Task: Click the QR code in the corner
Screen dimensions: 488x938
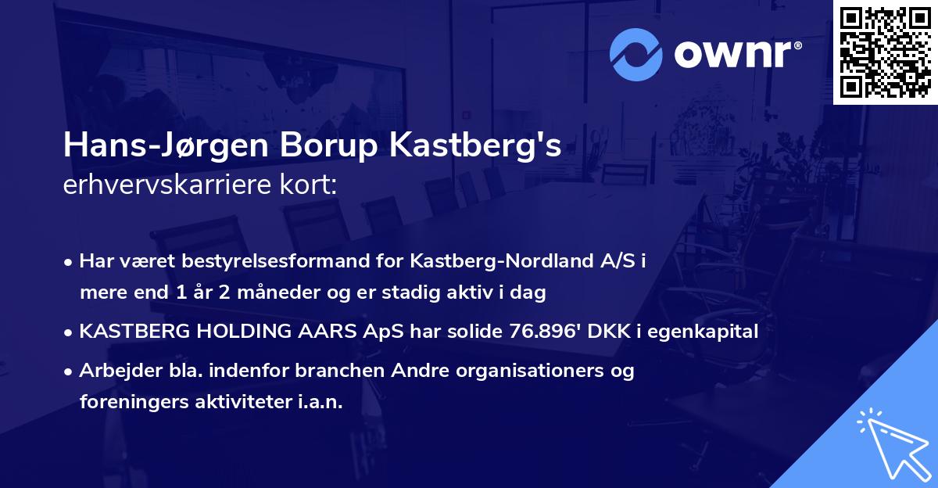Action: [x=885, y=52]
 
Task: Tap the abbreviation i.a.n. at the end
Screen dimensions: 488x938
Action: [x=321, y=402]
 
